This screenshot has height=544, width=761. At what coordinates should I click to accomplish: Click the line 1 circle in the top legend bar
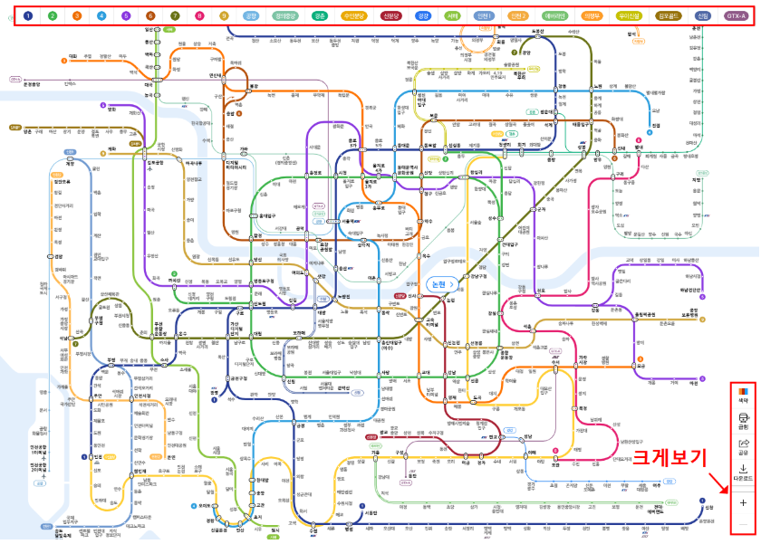28,14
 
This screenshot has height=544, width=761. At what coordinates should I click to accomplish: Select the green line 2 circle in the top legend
53,14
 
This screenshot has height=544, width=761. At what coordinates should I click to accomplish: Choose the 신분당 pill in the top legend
390,14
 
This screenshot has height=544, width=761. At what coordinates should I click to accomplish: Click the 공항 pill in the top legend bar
251,14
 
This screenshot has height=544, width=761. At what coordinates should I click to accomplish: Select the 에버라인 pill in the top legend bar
554,14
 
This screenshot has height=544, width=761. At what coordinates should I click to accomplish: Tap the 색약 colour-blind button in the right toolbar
744,394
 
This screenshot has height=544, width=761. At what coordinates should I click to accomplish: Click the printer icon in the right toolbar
744,420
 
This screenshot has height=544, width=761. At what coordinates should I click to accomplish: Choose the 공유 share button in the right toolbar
744,446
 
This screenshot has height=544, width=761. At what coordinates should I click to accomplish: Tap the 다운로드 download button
744,472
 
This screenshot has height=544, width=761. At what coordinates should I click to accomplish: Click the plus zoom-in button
744,501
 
